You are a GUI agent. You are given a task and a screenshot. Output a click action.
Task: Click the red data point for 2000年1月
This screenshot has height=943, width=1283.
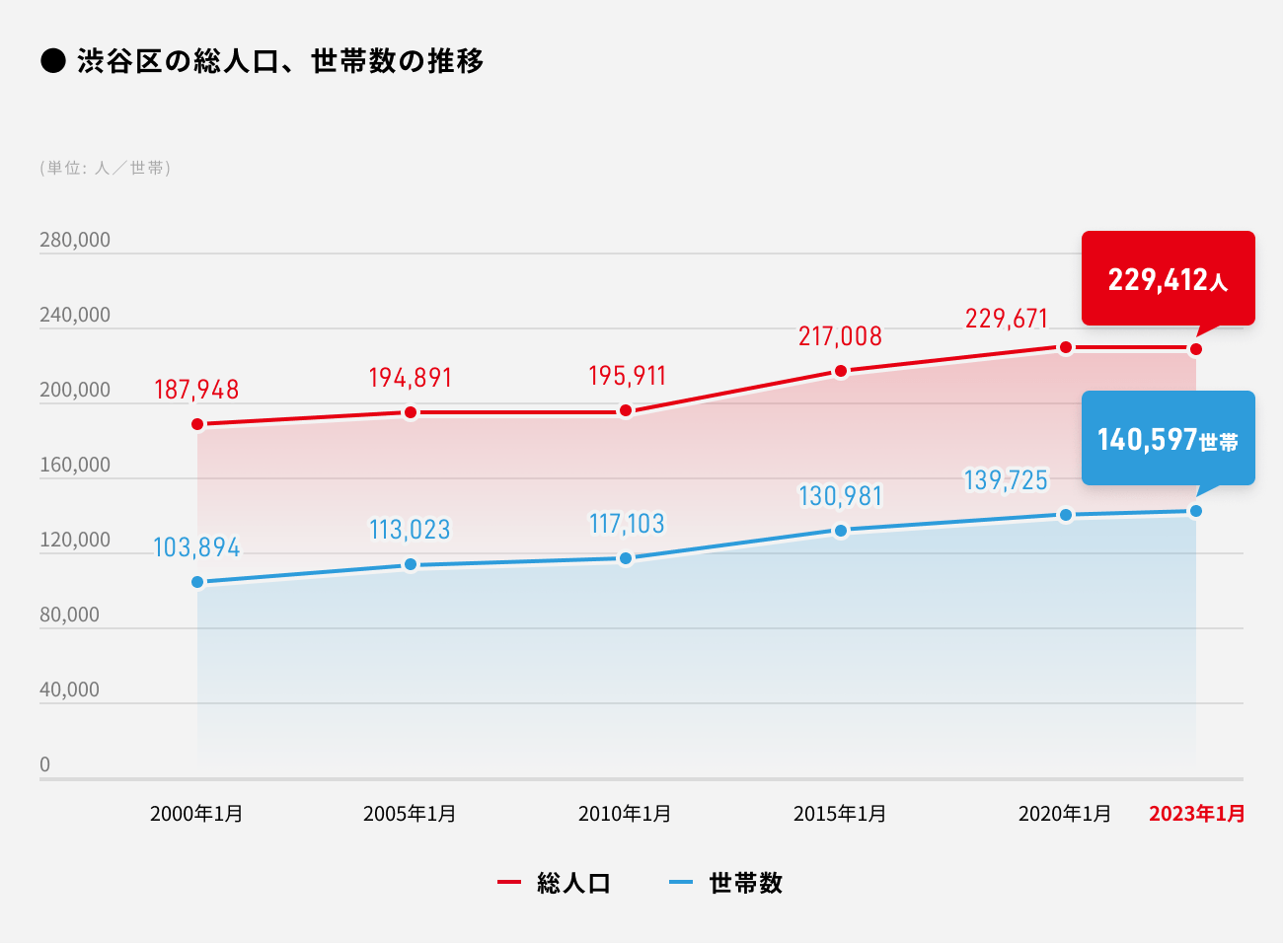(x=197, y=424)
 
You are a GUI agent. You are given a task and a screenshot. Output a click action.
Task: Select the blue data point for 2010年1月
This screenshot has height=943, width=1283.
(x=626, y=558)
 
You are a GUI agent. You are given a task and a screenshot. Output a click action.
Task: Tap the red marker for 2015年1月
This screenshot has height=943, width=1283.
(x=841, y=371)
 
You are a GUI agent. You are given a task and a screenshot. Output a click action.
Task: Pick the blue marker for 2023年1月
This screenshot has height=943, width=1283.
(x=1196, y=511)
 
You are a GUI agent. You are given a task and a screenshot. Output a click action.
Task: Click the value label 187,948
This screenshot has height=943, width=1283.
(x=196, y=390)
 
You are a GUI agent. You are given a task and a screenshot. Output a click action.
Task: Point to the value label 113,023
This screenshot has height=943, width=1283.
(x=410, y=530)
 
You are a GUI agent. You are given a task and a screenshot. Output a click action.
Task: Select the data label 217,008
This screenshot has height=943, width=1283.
(x=840, y=336)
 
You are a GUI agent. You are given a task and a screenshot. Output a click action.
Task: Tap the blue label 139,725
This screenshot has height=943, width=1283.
(x=1006, y=480)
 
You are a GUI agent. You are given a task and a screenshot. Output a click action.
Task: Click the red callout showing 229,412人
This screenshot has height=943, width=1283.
(x=1168, y=279)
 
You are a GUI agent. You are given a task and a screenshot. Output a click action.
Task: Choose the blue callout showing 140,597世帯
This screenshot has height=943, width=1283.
(x=1168, y=439)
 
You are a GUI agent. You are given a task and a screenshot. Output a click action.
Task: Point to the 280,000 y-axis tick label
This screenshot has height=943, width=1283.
(x=75, y=240)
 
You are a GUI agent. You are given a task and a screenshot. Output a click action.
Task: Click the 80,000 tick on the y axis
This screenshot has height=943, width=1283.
(x=69, y=615)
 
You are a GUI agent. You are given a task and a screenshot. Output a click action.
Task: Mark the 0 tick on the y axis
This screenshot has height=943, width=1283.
(x=44, y=764)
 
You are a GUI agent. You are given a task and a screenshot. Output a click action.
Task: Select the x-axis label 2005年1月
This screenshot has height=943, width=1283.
(x=410, y=814)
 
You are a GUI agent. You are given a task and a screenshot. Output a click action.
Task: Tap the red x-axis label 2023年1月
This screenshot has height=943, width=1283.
(x=1196, y=814)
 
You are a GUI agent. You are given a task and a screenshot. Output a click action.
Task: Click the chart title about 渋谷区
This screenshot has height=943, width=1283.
(x=280, y=61)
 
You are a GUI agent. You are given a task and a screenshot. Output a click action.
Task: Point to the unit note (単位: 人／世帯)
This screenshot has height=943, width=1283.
(x=106, y=168)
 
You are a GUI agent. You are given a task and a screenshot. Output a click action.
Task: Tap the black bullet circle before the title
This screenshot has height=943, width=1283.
(x=52, y=61)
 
